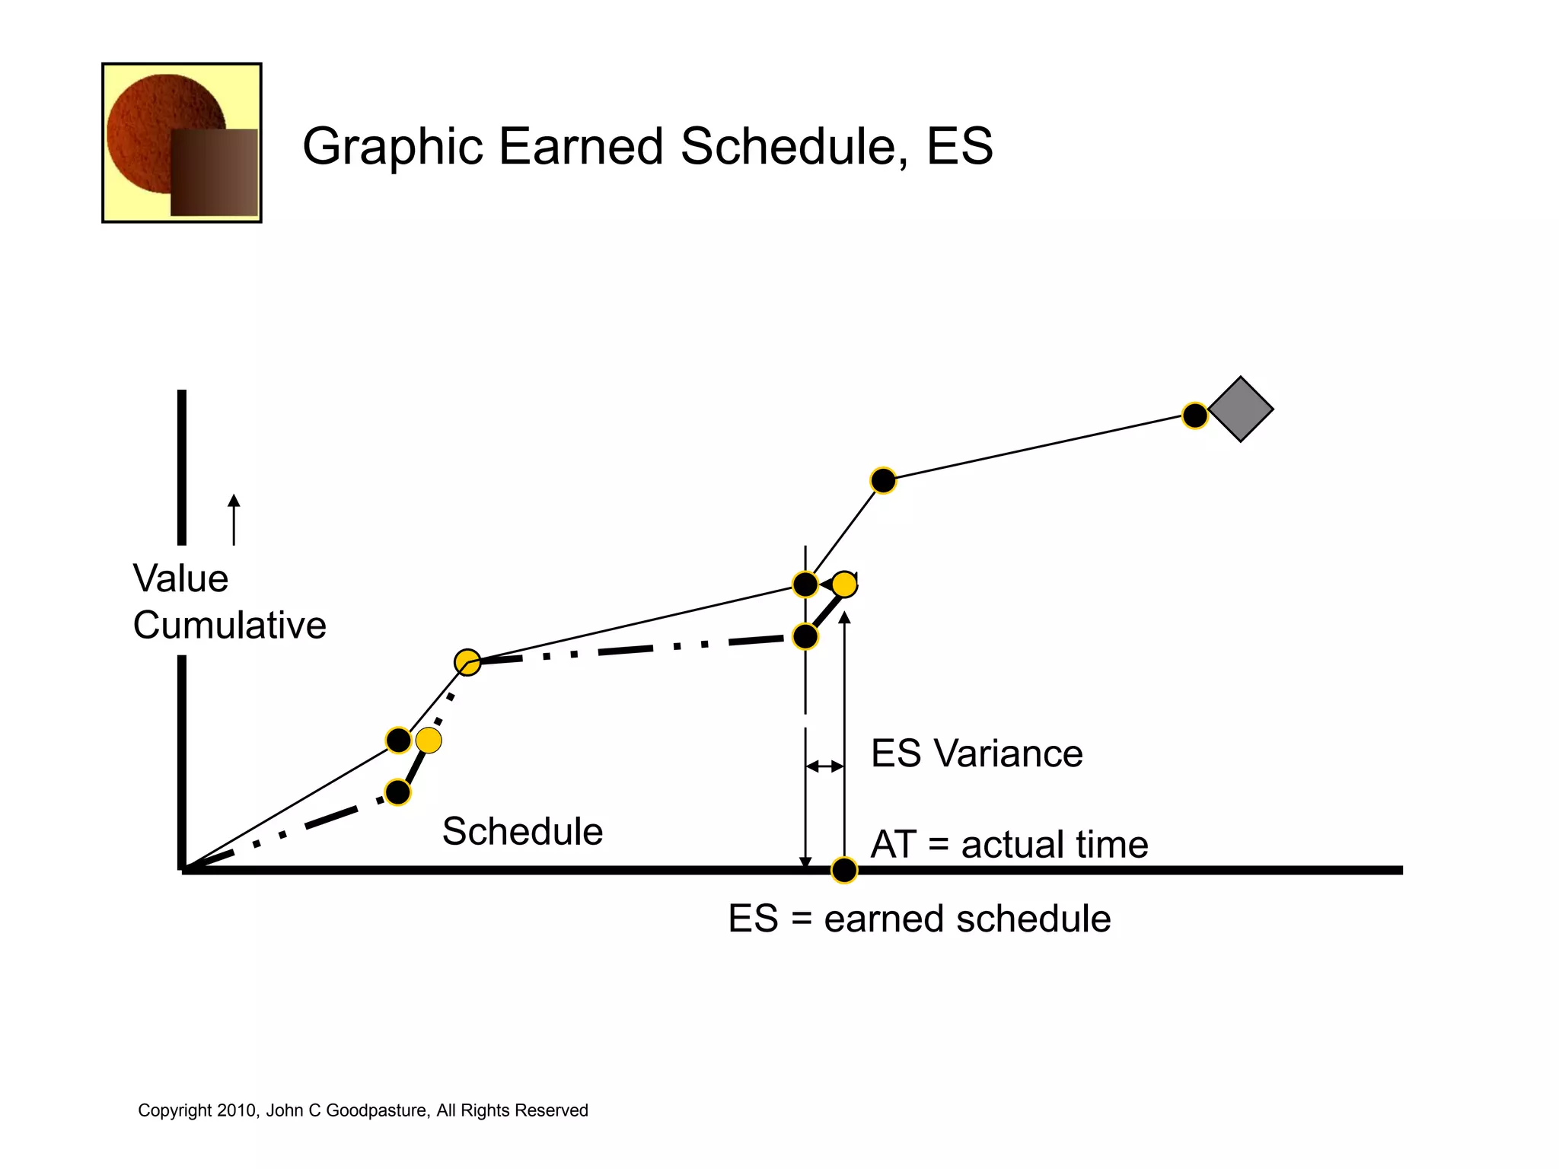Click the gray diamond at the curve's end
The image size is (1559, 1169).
tap(1240, 409)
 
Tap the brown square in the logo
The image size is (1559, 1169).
tap(215, 173)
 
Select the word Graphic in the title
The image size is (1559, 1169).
tap(392, 146)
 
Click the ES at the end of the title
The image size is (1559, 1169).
tap(959, 146)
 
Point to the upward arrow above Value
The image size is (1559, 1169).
tap(234, 519)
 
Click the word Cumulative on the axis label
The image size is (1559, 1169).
tap(229, 625)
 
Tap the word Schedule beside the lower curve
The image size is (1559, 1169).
tap(522, 830)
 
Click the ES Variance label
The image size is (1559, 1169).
tap(976, 753)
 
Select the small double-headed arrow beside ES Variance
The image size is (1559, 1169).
tap(824, 766)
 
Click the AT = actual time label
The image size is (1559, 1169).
tap(1009, 844)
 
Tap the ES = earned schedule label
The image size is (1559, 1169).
tap(919, 918)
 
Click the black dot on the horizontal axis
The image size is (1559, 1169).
tap(843, 870)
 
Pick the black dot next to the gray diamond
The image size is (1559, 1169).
tap(1194, 416)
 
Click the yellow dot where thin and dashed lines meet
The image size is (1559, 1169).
tap(467, 662)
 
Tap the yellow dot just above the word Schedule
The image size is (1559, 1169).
tap(429, 740)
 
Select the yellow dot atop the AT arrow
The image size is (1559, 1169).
tap(844, 584)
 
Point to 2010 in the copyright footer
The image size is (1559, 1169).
tap(238, 1110)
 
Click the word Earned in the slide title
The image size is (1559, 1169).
tap(581, 146)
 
